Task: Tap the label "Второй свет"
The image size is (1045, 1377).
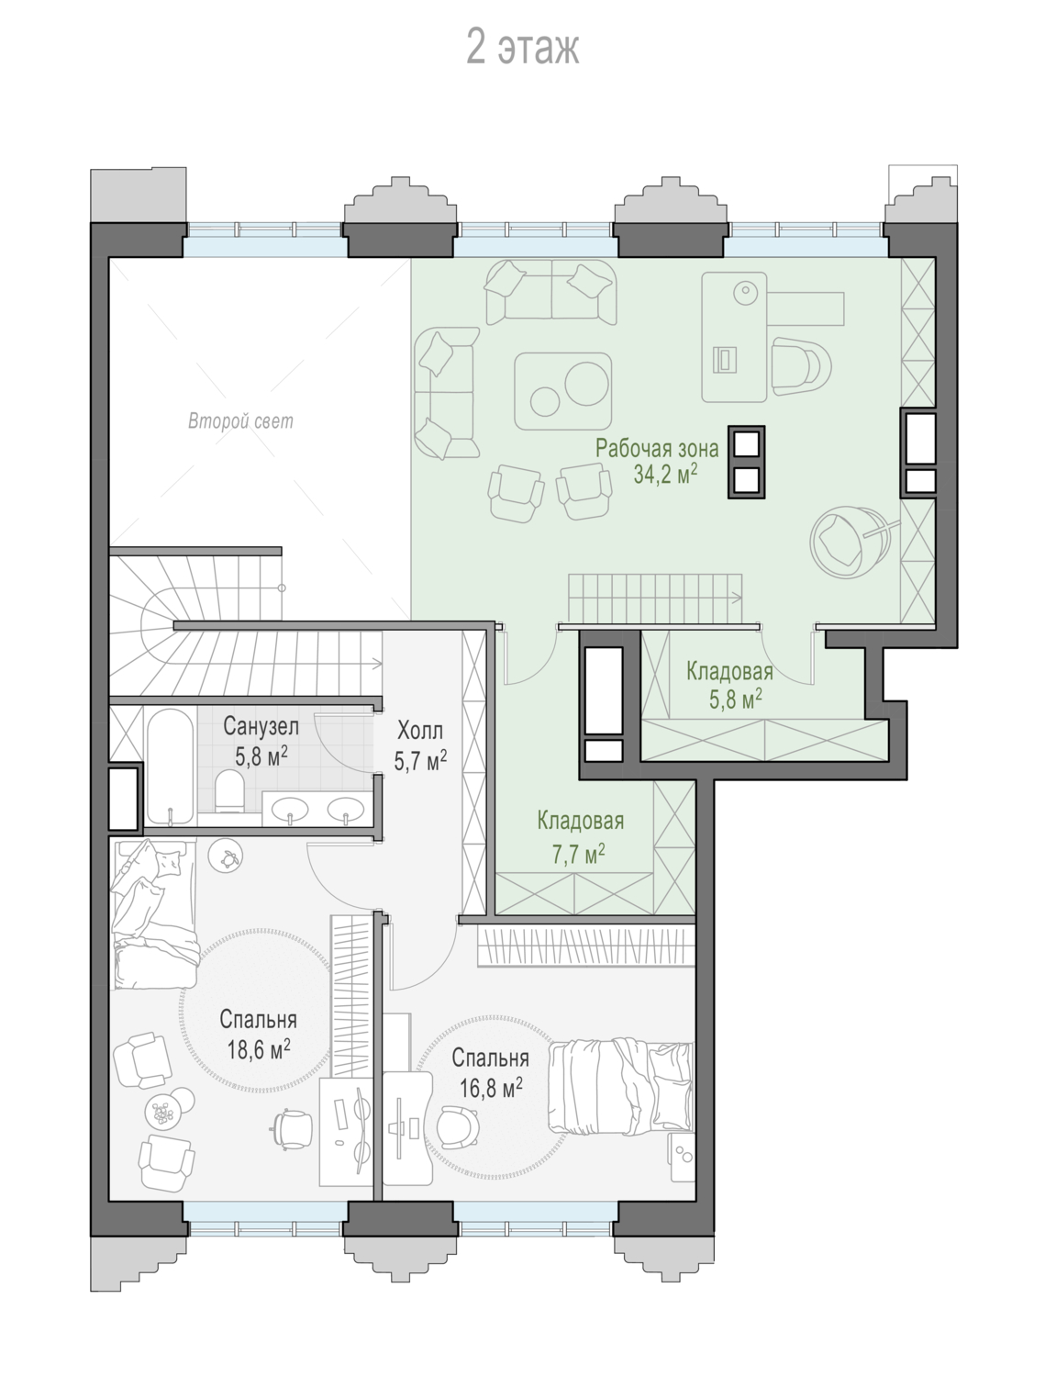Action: click(x=240, y=421)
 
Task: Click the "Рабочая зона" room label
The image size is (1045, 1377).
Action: click(x=656, y=449)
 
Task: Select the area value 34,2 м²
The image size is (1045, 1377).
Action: click(x=665, y=475)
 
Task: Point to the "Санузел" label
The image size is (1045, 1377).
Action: click(x=261, y=726)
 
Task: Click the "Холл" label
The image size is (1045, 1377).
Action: click(x=420, y=731)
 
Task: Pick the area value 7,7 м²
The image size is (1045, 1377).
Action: click(x=578, y=855)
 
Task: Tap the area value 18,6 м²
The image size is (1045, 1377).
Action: click(x=259, y=1049)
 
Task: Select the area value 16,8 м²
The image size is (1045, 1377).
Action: click(x=491, y=1088)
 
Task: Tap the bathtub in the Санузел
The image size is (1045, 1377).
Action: click(x=170, y=767)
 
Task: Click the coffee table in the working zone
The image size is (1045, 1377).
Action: click(x=562, y=391)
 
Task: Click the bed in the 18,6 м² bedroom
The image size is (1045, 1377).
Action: click(x=153, y=913)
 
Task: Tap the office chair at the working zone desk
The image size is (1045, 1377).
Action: click(x=801, y=367)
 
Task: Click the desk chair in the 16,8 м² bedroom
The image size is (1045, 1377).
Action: click(x=456, y=1126)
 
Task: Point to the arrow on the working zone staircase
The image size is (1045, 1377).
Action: click(x=735, y=597)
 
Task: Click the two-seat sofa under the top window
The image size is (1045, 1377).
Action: click(x=551, y=292)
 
